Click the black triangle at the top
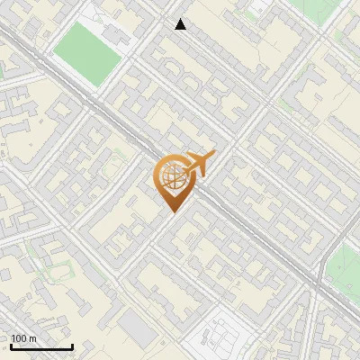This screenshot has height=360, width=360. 181,24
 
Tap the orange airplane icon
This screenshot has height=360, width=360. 199,163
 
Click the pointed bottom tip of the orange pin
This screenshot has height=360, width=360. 172,211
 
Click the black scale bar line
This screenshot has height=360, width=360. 41,346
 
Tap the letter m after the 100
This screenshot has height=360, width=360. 33,339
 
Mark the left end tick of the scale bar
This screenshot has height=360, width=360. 11,346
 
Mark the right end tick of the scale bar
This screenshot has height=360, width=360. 72,346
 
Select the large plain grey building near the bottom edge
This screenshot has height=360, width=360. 137,330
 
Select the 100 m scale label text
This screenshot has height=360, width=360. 24,339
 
